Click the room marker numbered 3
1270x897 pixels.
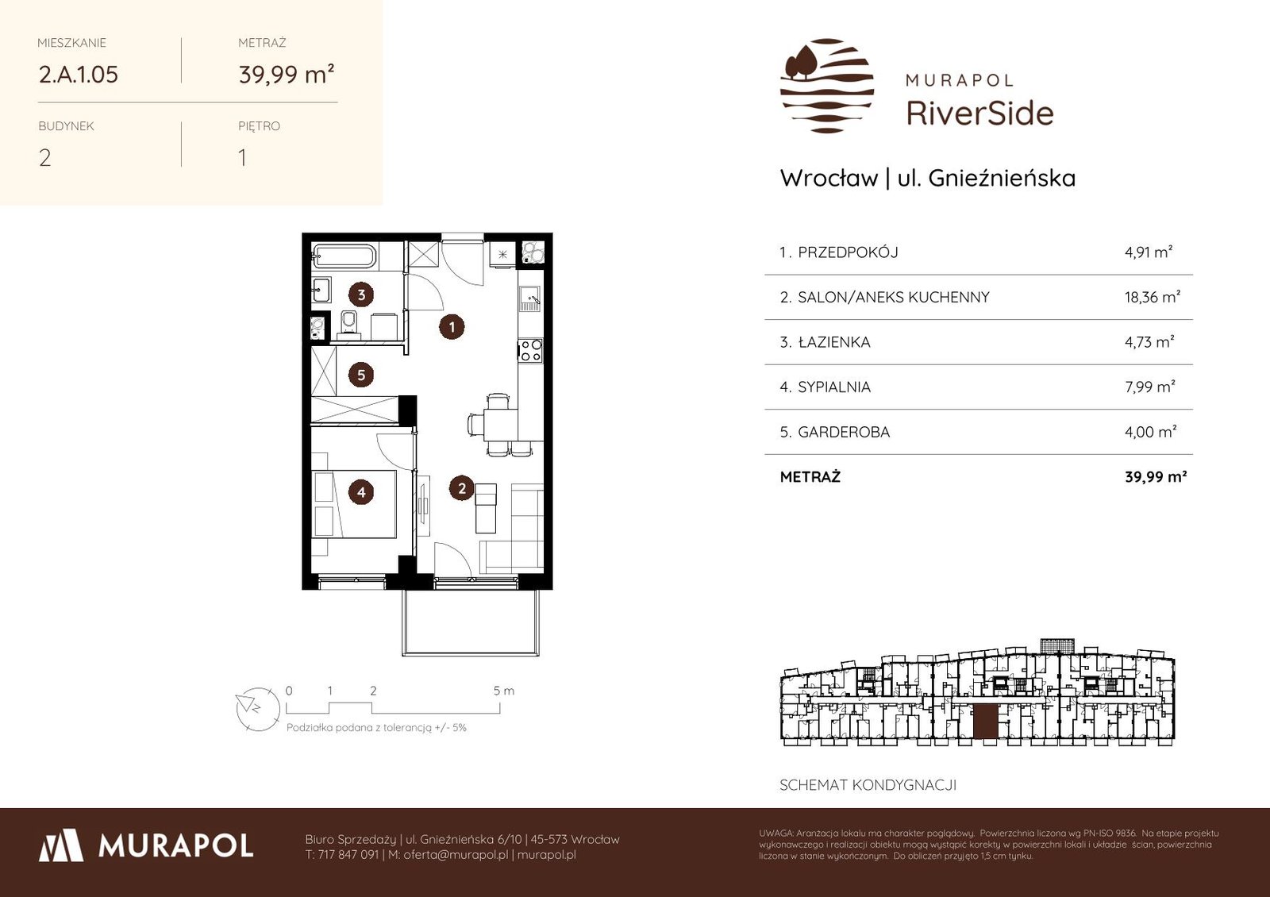pos(361,295)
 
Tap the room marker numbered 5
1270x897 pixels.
pos(361,375)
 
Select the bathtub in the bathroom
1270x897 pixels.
pos(344,257)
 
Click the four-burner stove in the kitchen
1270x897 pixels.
pos(531,350)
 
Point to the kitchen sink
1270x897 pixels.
pos(530,298)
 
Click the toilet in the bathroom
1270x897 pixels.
pos(350,324)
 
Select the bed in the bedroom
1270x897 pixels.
pos(355,503)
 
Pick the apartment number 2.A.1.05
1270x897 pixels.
pos(79,75)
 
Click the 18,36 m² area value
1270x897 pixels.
pos(1152,297)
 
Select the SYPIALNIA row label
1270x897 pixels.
pos(834,387)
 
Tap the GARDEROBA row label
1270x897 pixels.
pos(844,432)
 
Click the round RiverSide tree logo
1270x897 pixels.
pos(827,86)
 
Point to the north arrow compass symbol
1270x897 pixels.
pos(258,709)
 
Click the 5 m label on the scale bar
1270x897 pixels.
pos(503,691)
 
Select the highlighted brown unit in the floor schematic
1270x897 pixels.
pos(985,722)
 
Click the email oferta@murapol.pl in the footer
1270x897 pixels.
pos(456,854)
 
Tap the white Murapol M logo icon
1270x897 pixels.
pos(61,845)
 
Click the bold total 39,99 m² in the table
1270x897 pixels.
pos(1156,477)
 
